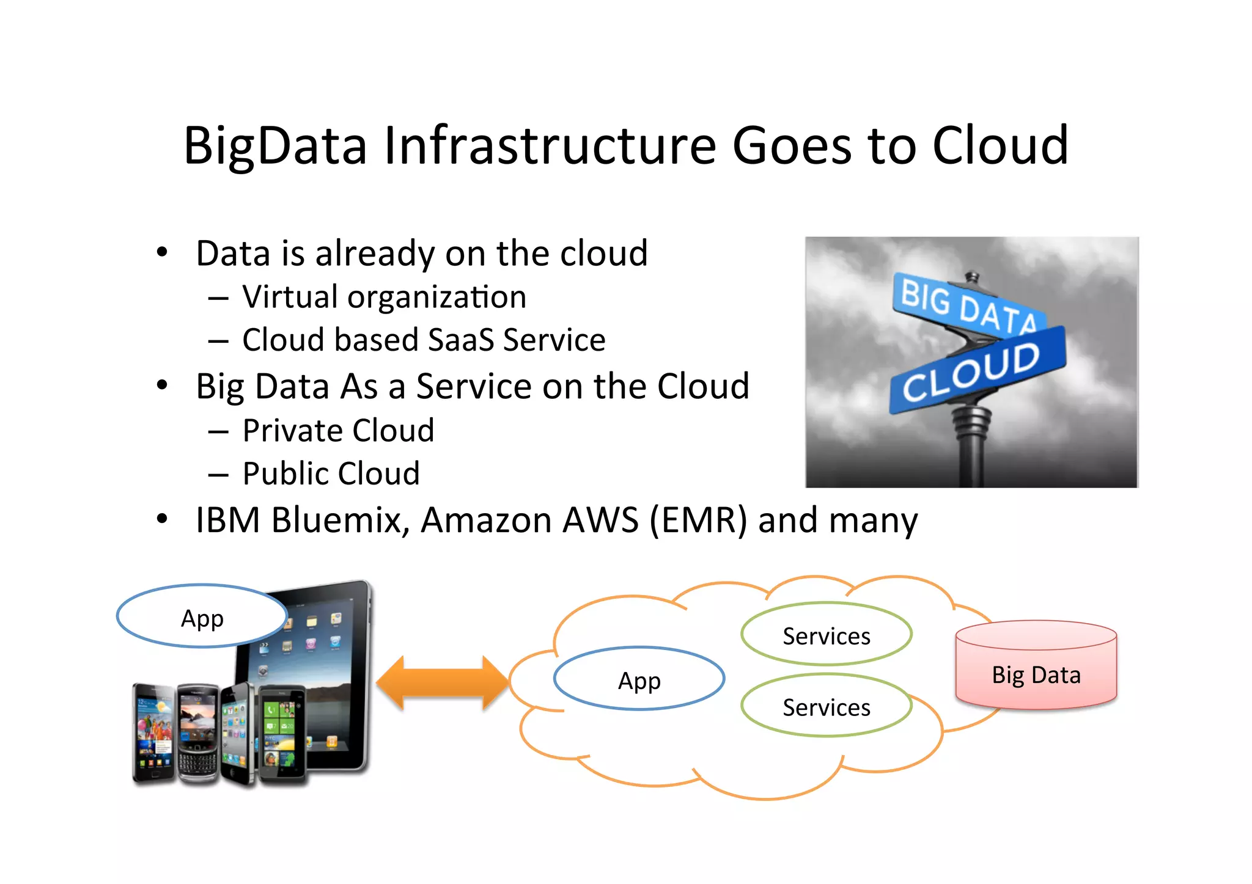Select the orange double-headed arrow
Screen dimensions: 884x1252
point(442,682)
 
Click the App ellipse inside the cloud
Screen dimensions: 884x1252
point(639,679)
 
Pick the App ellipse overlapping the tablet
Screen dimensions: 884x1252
point(202,617)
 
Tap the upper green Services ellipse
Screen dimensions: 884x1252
point(826,635)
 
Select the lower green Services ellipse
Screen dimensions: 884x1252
point(826,706)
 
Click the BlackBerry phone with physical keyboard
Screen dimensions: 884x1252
point(197,733)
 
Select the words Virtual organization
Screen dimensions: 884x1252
point(384,298)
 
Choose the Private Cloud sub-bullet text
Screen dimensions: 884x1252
point(338,431)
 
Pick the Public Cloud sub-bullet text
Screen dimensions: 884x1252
point(331,473)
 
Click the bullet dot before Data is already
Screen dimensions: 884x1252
point(161,252)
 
